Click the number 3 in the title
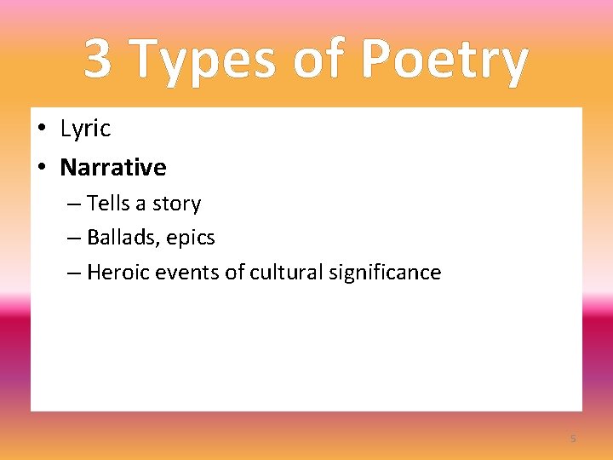(98, 60)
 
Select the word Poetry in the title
(444, 61)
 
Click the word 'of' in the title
(321, 60)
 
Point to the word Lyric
(85, 129)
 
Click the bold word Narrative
(113, 167)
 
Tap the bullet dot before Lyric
(41, 129)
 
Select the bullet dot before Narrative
(41, 167)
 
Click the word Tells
(107, 204)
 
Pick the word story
(176, 204)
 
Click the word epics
(191, 239)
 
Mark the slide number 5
(573, 439)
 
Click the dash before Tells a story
(73, 204)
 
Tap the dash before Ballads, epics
(73, 239)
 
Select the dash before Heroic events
(73, 273)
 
